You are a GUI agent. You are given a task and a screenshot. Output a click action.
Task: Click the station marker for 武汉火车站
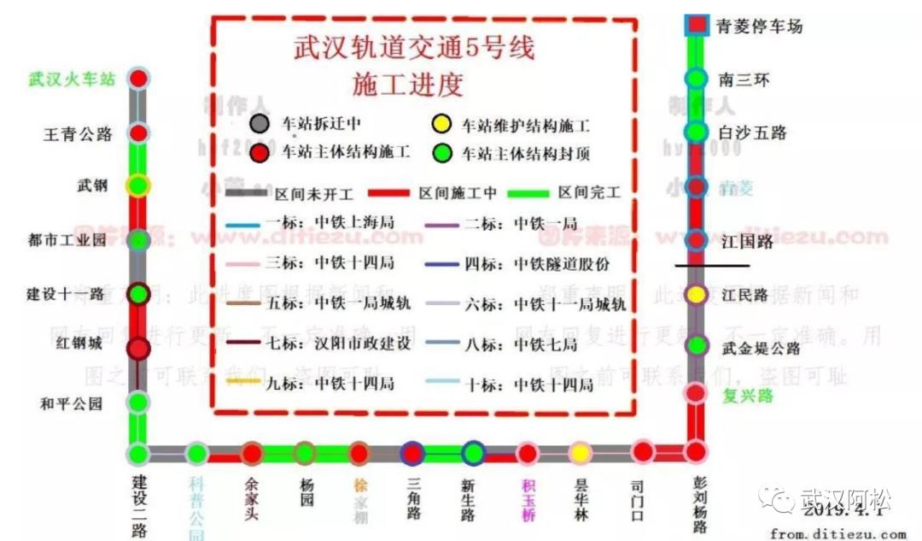coord(139,79)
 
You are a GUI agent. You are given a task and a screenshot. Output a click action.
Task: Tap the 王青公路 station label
coord(79,134)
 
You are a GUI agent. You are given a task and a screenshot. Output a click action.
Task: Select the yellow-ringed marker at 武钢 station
coord(137,185)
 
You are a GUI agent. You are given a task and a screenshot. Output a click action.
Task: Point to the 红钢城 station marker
coord(138,349)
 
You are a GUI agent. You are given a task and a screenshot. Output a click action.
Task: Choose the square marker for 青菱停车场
coord(697,25)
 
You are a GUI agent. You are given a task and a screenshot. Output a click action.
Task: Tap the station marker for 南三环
coord(697,79)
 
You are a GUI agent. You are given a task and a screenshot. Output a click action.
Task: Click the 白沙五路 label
coord(752,133)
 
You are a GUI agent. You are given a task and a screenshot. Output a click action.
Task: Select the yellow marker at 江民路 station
coord(697,295)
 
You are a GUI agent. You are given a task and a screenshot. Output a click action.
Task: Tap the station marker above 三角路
coord(413,453)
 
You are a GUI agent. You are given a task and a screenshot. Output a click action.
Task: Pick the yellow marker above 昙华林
coord(580,453)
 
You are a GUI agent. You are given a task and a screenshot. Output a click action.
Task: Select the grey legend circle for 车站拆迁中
coord(261,125)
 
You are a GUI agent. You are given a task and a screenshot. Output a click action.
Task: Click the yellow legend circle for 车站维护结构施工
coord(441,125)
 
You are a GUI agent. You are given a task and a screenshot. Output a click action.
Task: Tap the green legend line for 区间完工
coord(528,193)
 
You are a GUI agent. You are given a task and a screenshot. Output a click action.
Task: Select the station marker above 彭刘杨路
coord(697,451)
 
